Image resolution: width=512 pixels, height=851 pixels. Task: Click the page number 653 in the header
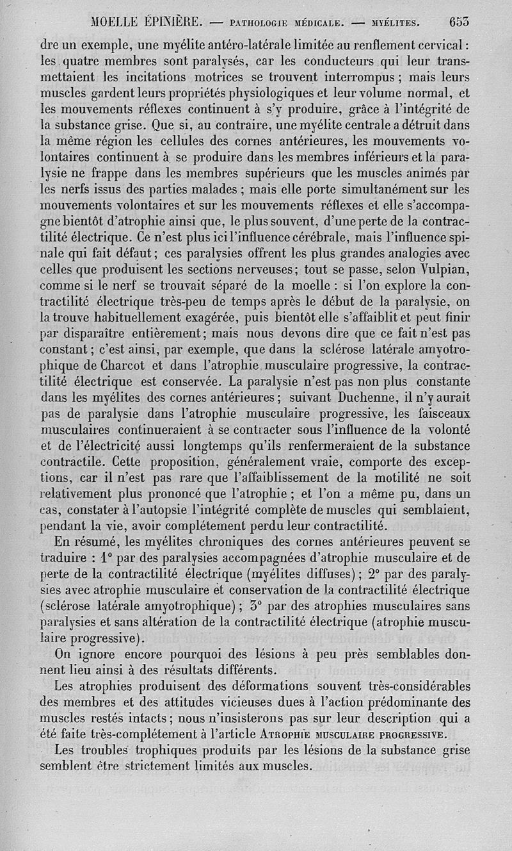460,21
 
